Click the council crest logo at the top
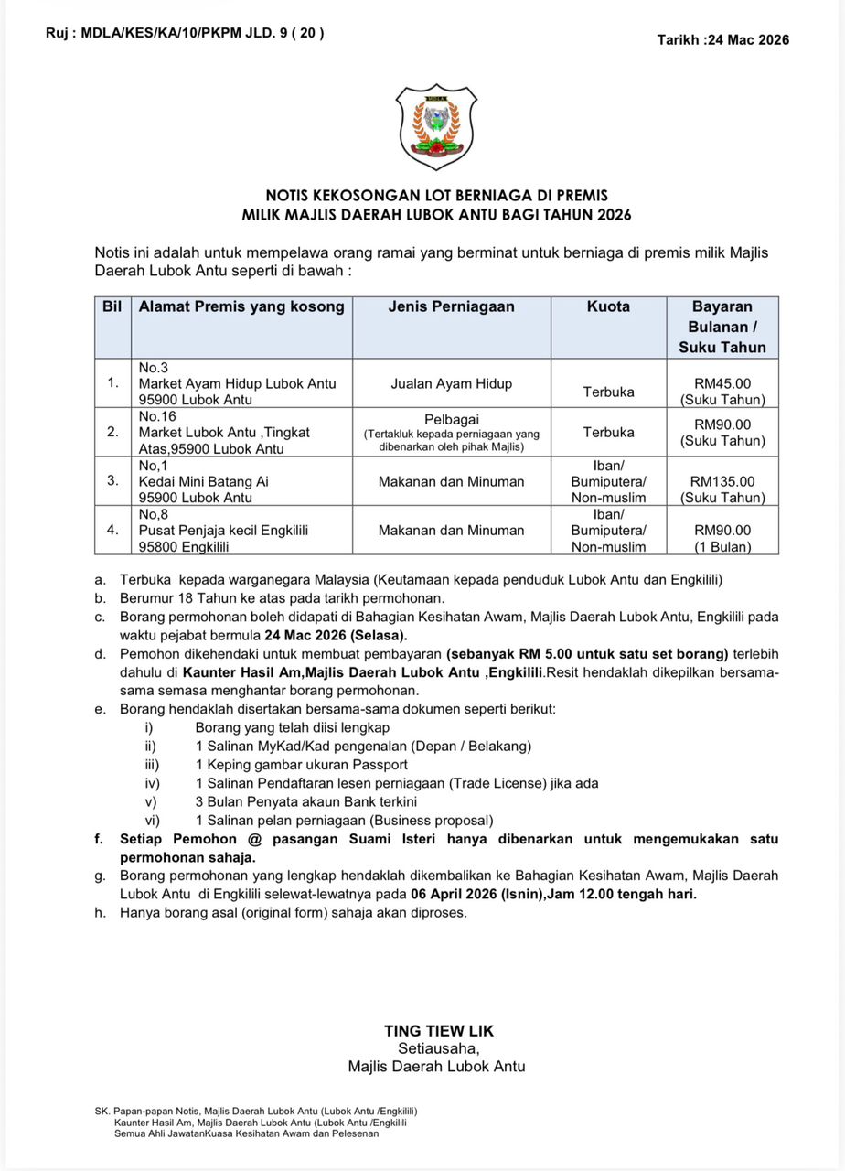(436, 126)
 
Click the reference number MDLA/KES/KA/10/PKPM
(169, 34)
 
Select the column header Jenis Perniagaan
(451, 307)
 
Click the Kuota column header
(608, 307)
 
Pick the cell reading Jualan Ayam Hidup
(451, 384)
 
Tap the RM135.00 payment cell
(722, 481)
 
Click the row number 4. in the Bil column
(112, 530)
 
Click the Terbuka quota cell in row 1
(608, 392)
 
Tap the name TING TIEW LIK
(439, 1031)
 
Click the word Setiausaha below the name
(438, 1048)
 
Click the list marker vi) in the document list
(152, 821)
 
